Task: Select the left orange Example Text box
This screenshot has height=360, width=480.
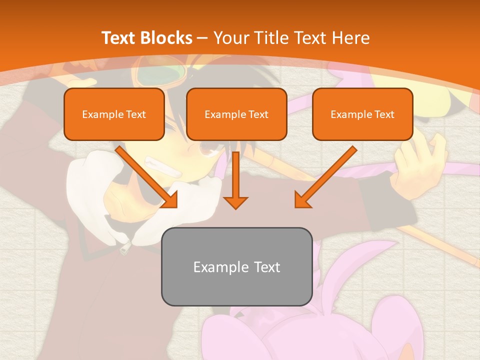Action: pyautogui.click(x=114, y=114)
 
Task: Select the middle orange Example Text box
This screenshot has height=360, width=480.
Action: pyautogui.click(x=236, y=114)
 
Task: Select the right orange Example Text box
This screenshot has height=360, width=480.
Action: pyautogui.click(x=362, y=114)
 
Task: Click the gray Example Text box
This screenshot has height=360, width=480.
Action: pyautogui.click(x=236, y=266)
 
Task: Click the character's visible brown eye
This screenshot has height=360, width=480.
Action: pyautogui.click(x=205, y=147)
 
